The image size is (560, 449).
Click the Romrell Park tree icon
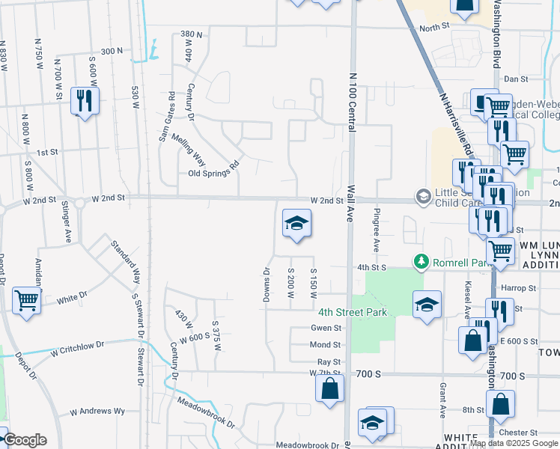[x=421, y=261]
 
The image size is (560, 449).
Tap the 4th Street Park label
[x=353, y=312]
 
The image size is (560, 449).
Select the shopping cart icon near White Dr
[x=26, y=301]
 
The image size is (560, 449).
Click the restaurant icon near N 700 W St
[x=85, y=100]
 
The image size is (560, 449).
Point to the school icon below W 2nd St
[x=296, y=223]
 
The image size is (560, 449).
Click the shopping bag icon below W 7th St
[x=329, y=389]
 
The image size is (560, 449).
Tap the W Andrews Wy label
[x=97, y=412]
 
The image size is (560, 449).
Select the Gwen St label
[x=326, y=328]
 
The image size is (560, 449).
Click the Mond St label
[x=326, y=345]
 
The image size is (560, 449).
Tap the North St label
[x=433, y=28]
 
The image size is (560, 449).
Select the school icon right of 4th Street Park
[x=427, y=304]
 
